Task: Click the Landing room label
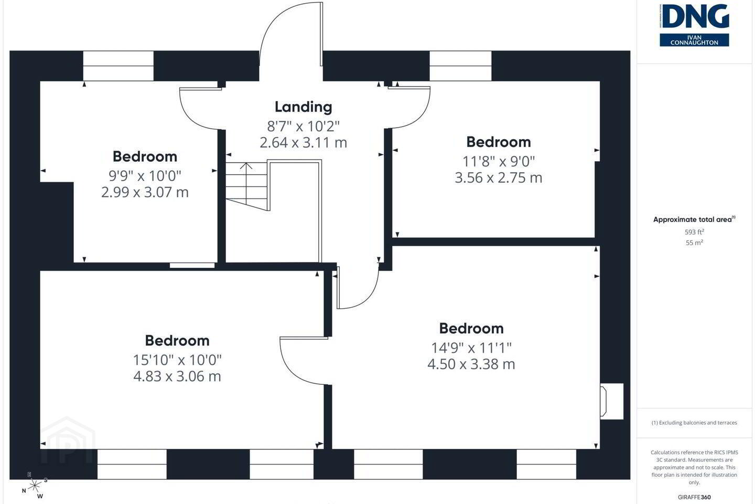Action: (304, 107)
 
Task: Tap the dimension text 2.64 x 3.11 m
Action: (304, 142)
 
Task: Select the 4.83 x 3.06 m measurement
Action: (177, 376)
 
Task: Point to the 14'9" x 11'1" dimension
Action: (471, 348)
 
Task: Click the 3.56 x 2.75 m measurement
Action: (499, 177)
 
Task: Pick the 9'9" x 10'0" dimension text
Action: (145, 176)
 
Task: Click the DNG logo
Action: (694, 16)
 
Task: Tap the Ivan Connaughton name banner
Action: (694, 40)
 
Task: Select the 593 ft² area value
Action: (694, 232)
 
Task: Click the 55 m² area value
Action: (694, 243)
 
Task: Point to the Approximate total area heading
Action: (694, 219)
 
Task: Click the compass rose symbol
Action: (35, 486)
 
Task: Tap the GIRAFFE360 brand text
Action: (694, 497)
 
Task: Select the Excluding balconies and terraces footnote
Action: (694, 423)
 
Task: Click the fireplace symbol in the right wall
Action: (611, 402)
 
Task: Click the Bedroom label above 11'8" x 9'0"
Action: (499, 142)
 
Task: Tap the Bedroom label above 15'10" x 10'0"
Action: (177, 341)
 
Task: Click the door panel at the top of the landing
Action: (321, 34)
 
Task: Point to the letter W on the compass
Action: (40, 496)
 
